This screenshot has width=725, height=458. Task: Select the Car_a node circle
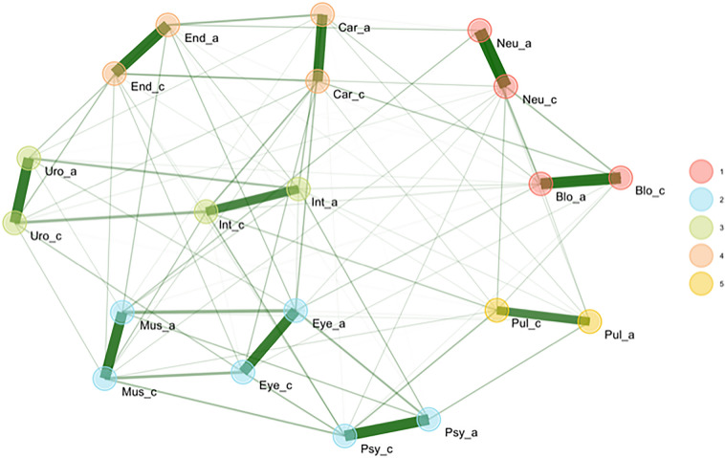(x=322, y=14)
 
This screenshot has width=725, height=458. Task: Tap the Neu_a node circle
(x=480, y=31)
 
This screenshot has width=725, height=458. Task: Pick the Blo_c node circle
(x=621, y=178)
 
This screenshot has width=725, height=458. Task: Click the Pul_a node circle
(x=589, y=322)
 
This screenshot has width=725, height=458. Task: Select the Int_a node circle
(x=298, y=188)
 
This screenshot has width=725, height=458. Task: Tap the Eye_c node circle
(x=246, y=370)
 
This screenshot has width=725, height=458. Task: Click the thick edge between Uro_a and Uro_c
(x=21, y=190)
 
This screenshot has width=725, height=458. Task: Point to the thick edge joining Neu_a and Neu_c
(x=493, y=58)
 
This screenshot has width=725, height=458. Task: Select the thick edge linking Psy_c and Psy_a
(x=386, y=427)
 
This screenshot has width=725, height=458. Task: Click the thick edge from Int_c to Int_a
(x=253, y=200)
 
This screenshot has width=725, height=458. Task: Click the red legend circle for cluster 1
(x=701, y=170)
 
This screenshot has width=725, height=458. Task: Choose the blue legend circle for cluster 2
(x=701, y=199)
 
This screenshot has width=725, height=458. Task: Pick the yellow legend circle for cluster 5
(x=701, y=286)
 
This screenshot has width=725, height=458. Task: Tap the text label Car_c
(x=351, y=94)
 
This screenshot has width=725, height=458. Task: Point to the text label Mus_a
(x=158, y=326)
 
